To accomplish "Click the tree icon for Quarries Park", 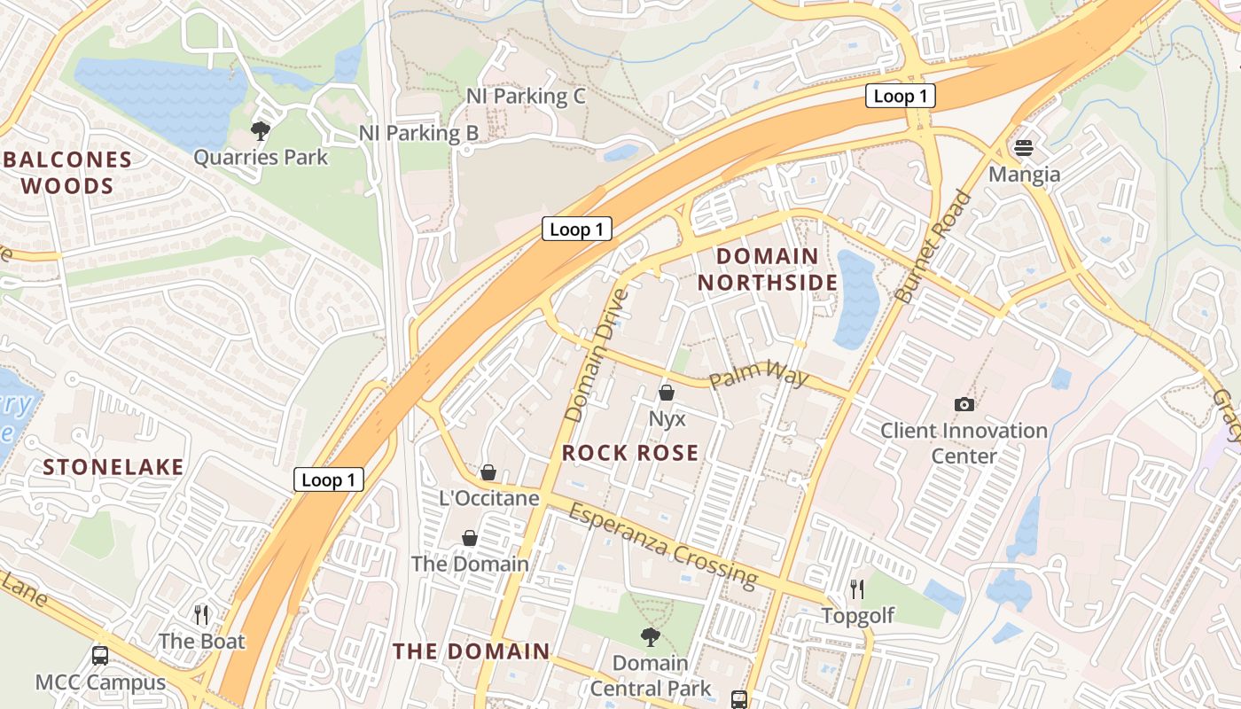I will (261, 131).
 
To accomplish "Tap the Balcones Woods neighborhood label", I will (68, 174).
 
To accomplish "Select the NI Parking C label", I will (526, 96).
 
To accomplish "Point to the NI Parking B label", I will (418, 133).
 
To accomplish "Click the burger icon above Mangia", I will (1024, 147).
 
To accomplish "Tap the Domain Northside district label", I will (768, 269).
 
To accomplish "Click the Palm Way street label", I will (759, 378).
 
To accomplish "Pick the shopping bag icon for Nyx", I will (667, 392).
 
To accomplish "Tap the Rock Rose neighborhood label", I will (630, 453).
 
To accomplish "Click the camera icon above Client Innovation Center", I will (964, 404).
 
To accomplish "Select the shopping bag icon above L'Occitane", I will (488, 471).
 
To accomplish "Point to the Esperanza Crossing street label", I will (663, 545).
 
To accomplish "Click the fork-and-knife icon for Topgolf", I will (856, 588).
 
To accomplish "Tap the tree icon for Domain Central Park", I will (651, 636).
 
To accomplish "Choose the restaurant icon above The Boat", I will (201, 614).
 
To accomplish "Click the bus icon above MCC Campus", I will (100, 656).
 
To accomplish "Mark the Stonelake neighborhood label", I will (113, 467).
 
